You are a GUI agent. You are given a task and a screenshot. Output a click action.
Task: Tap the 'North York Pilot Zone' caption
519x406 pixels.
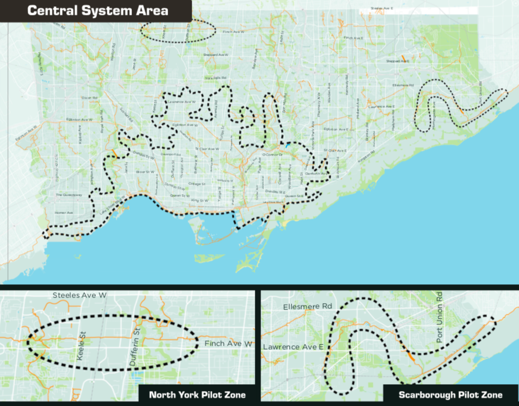pyautogui.click(x=197, y=395)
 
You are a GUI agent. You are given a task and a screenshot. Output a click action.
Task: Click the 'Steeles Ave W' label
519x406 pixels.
pyautogui.click(x=79, y=295)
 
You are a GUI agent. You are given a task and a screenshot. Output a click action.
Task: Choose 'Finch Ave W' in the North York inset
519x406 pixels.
pyautogui.click(x=228, y=344)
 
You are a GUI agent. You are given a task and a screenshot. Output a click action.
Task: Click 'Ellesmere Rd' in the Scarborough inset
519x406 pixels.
pyautogui.click(x=308, y=307)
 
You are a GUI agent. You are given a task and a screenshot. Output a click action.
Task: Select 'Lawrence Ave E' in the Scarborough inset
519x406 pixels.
pyautogui.click(x=292, y=347)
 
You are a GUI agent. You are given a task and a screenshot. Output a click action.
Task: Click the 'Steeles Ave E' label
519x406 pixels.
pyautogui.click(x=385, y=9)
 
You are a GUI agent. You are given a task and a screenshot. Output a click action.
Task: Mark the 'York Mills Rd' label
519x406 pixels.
pyautogui.click(x=216, y=78)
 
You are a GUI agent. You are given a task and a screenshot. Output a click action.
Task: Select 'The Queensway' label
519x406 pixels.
pyautogui.click(x=69, y=195)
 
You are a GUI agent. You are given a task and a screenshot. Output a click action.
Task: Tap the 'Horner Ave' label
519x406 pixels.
pyautogui.click(x=64, y=212)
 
